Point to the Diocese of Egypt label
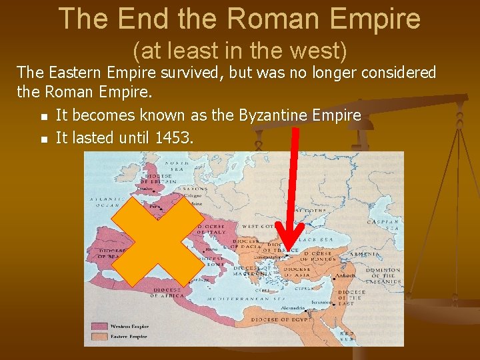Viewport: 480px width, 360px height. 280,321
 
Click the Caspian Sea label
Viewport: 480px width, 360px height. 383,225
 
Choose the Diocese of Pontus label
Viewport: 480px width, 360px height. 321,257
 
